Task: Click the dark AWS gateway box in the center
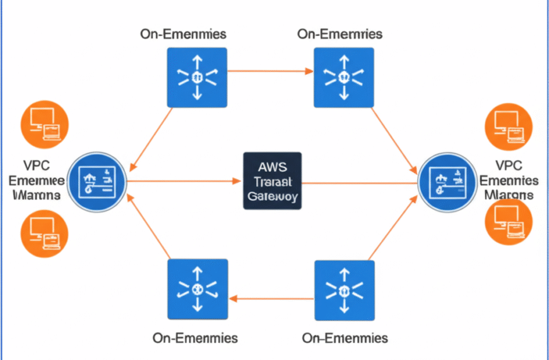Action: click(272, 181)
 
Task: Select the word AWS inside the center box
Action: click(272, 167)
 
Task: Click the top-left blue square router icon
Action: click(196, 78)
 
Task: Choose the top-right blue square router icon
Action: click(344, 78)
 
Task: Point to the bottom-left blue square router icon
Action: click(196, 289)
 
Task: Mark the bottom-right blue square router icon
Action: click(344, 289)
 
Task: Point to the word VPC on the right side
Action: click(509, 166)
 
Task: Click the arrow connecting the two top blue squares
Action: click(270, 71)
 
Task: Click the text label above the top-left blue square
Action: click(184, 33)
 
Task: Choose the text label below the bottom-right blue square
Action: click(345, 338)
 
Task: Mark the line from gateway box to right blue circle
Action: click(360, 183)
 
